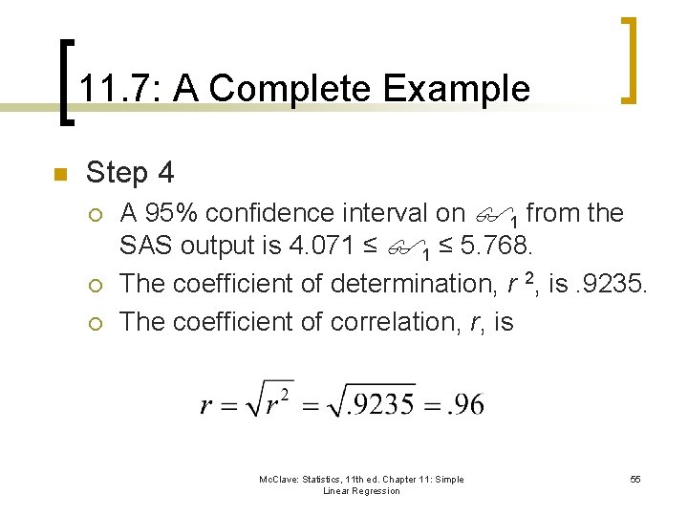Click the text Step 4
tap(130, 173)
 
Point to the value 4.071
tap(319, 247)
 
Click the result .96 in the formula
tap(466, 404)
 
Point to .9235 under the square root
tap(380, 404)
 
